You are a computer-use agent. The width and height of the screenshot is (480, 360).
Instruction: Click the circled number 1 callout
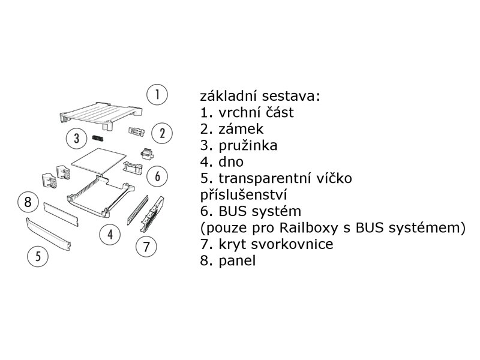tap(157, 95)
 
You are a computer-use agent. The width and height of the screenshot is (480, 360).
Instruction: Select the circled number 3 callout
tap(76, 139)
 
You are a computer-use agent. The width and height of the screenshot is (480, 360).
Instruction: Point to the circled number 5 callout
tap(37, 257)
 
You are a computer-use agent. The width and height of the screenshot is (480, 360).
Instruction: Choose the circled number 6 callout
tap(157, 176)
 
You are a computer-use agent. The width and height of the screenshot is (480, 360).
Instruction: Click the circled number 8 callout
tap(28, 202)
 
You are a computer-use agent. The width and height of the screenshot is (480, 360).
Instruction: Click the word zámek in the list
tap(238, 128)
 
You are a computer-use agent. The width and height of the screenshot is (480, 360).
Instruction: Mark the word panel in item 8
tap(238, 262)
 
